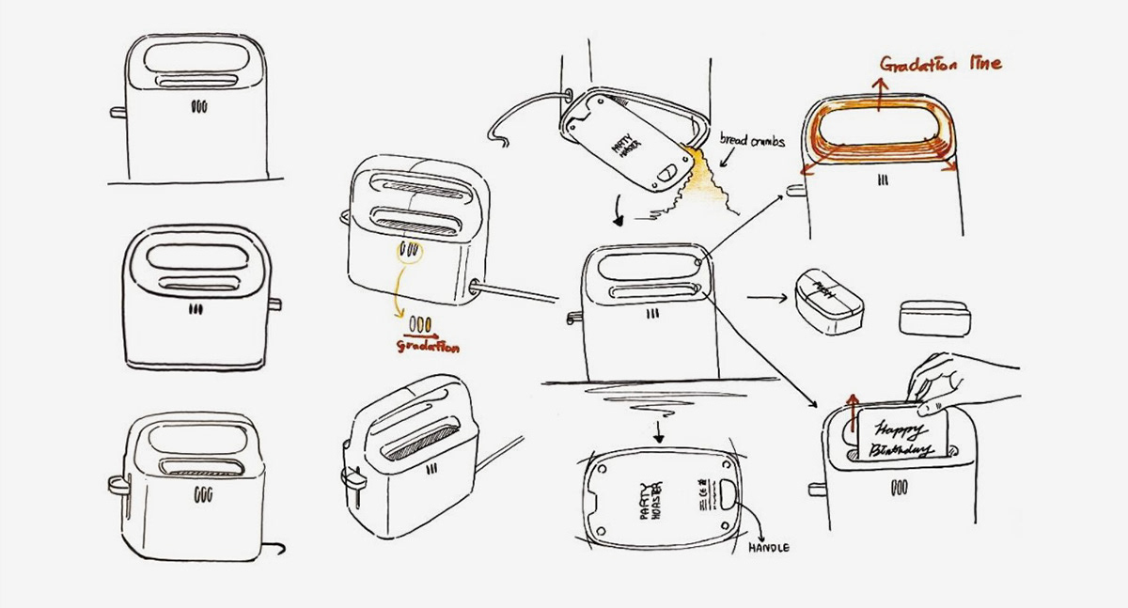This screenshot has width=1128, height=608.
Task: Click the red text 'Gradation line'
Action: click(x=940, y=64)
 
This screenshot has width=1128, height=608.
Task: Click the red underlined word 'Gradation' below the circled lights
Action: click(x=428, y=345)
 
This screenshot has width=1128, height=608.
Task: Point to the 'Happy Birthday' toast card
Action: click(x=901, y=432)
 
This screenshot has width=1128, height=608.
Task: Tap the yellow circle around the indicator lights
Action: click(x=411, y=252)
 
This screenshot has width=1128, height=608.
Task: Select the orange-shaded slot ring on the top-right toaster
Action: click(x=876, y=137)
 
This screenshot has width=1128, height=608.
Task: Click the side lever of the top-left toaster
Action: click(x=117, y=112)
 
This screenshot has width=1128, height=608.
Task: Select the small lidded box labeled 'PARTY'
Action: click(x=828, y=298)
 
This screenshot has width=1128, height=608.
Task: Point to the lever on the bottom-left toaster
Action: click(x=116, y=484)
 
